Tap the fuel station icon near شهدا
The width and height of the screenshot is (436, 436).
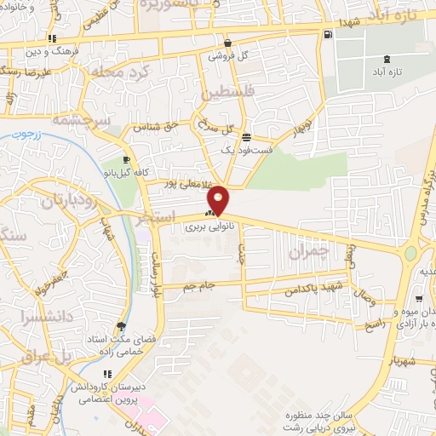[328, 34]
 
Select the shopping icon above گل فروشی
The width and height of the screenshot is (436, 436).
[227, 43]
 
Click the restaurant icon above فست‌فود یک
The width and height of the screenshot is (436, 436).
[246, 137]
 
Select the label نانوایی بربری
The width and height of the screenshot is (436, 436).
[209, 227]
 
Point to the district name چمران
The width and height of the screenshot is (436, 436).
[307, 252]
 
